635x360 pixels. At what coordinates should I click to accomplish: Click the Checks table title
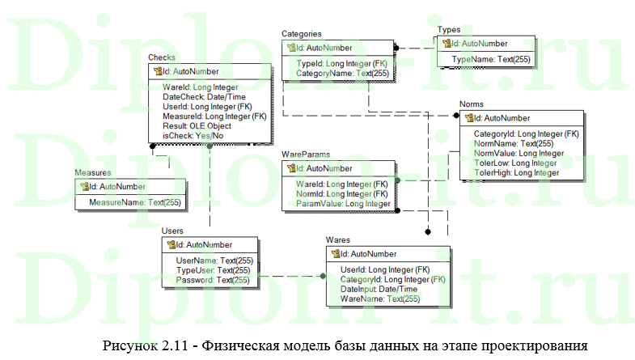point(162,57)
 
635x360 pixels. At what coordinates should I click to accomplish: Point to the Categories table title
point(302,34)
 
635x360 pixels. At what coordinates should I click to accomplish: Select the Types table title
point(449,29)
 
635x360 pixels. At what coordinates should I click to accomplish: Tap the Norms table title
point(472,104)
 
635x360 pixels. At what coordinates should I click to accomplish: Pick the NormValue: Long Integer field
point(519,153)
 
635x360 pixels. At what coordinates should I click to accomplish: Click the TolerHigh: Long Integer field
point(516,172)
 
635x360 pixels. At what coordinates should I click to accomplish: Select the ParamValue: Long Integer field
point(344,204)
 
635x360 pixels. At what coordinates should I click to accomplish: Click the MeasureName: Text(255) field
point(135,201)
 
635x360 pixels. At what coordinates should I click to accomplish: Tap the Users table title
point(172,231)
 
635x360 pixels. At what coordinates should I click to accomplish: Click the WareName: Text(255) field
point(380,299)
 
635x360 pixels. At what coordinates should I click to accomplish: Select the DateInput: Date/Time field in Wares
point(379,289)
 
